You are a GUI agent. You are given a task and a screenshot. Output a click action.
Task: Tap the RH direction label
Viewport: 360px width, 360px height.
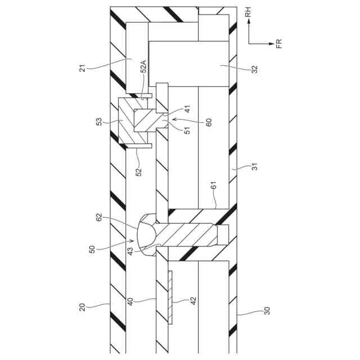point(248,11)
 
